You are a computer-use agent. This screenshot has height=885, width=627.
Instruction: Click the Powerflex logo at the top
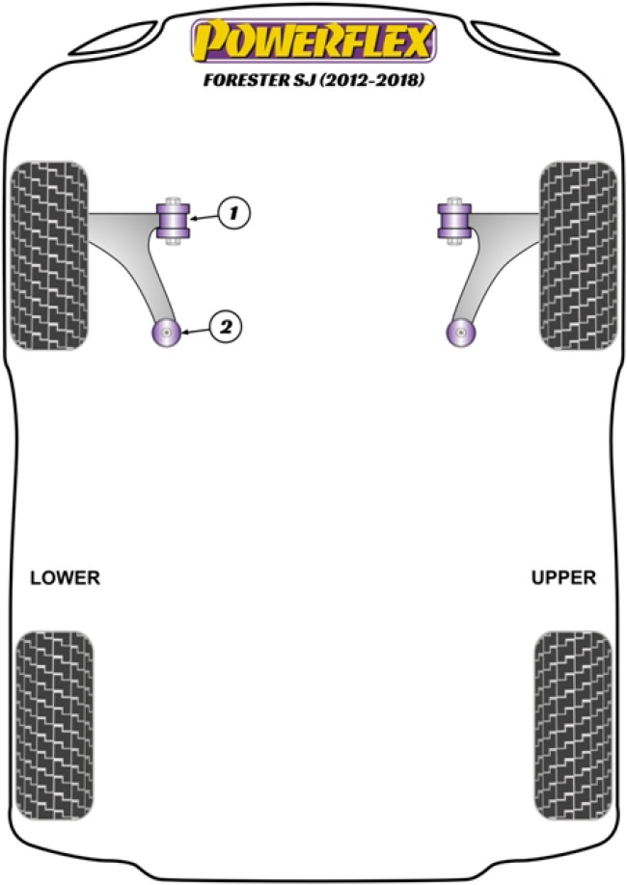313,41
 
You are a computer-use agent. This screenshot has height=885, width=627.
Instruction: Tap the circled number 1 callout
232,211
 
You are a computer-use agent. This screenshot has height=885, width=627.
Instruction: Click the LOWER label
65,578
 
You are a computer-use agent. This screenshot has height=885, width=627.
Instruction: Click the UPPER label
563,578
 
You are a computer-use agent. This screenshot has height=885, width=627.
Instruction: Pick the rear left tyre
56,711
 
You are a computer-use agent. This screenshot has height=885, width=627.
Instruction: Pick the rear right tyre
572,711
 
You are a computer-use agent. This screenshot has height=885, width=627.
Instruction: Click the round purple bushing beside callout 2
168,334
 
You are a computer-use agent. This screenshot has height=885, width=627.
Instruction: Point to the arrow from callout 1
204,216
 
